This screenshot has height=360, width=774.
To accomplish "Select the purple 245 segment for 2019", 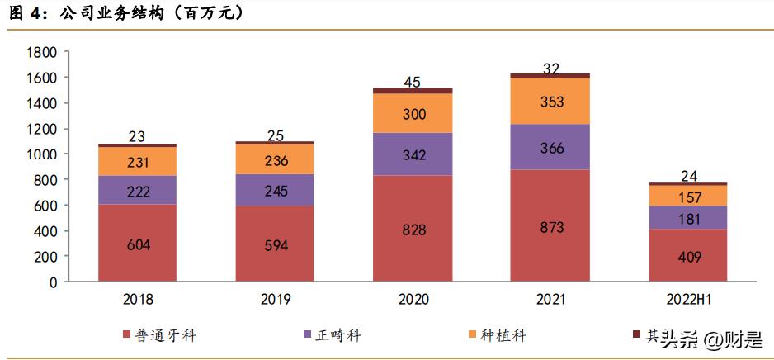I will (x=275, y=190).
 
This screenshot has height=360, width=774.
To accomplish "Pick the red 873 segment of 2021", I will (x=550, y=225).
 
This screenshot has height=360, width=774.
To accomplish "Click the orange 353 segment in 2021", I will (x=550, y=101).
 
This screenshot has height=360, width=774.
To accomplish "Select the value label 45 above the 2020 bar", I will (x=413, y=82).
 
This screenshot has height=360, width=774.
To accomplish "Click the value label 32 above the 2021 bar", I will (x=550, y=68).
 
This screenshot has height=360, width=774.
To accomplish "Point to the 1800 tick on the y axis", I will (x=41, y=52).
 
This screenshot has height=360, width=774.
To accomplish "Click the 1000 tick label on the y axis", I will (x=41, y=154).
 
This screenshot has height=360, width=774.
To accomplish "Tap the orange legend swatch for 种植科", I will (x=472, y=334).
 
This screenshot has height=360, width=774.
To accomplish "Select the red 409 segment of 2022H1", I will (x=687, y=255).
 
